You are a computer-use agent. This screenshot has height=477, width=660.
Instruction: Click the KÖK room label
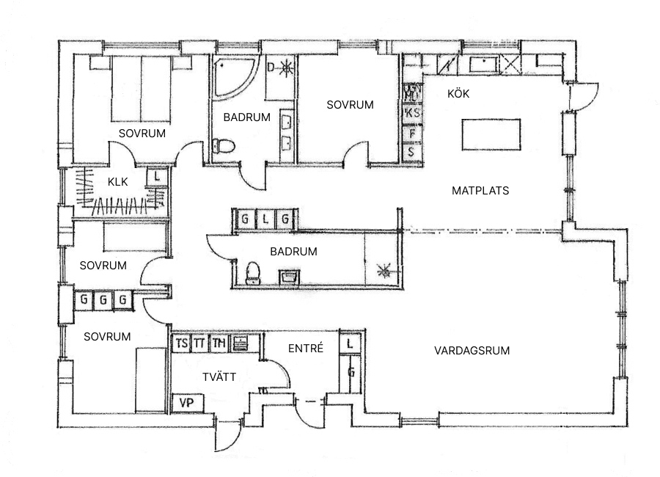(458, 94)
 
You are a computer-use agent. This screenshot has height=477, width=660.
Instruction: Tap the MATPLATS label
(480, 191)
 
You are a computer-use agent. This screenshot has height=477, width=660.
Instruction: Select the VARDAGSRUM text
(472, 351)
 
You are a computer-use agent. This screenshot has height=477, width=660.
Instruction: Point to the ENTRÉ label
(305, 349)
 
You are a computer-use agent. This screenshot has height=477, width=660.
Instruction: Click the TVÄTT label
(219, 376)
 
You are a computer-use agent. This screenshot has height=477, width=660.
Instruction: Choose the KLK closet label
(118, 183)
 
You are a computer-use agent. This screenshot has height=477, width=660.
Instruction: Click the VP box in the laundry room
(186, 403)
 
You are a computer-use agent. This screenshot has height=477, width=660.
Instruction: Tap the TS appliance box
(180, 343)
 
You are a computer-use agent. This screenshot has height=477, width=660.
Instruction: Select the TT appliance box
(199, 343)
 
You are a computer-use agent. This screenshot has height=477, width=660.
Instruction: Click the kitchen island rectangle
(492, 134)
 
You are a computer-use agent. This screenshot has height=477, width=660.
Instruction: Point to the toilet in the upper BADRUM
(222, 145)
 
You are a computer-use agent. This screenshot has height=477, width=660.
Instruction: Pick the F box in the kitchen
(413, 134)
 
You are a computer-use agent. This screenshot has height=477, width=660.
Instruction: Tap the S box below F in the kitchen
(412, 152)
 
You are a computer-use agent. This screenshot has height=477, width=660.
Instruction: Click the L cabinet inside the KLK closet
(158, 177)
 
